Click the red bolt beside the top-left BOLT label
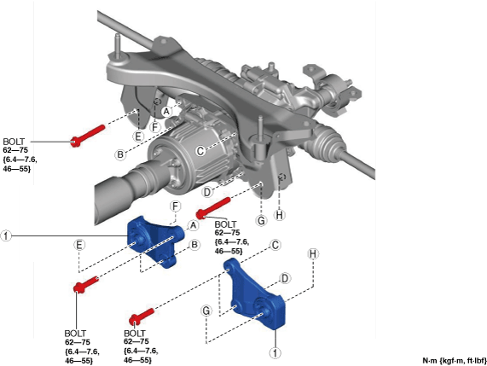pos(88,136)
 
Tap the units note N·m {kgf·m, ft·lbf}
pos(455,361)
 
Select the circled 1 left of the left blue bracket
pos(6,235)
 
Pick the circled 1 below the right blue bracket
pos(275,352)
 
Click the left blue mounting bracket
pos(155,241)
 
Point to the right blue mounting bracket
pos(255,293)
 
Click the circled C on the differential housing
pos(200,151)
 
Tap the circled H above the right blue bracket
pos(313,254)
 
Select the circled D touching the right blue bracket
pos(285,278)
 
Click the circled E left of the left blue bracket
pos(79,245)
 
